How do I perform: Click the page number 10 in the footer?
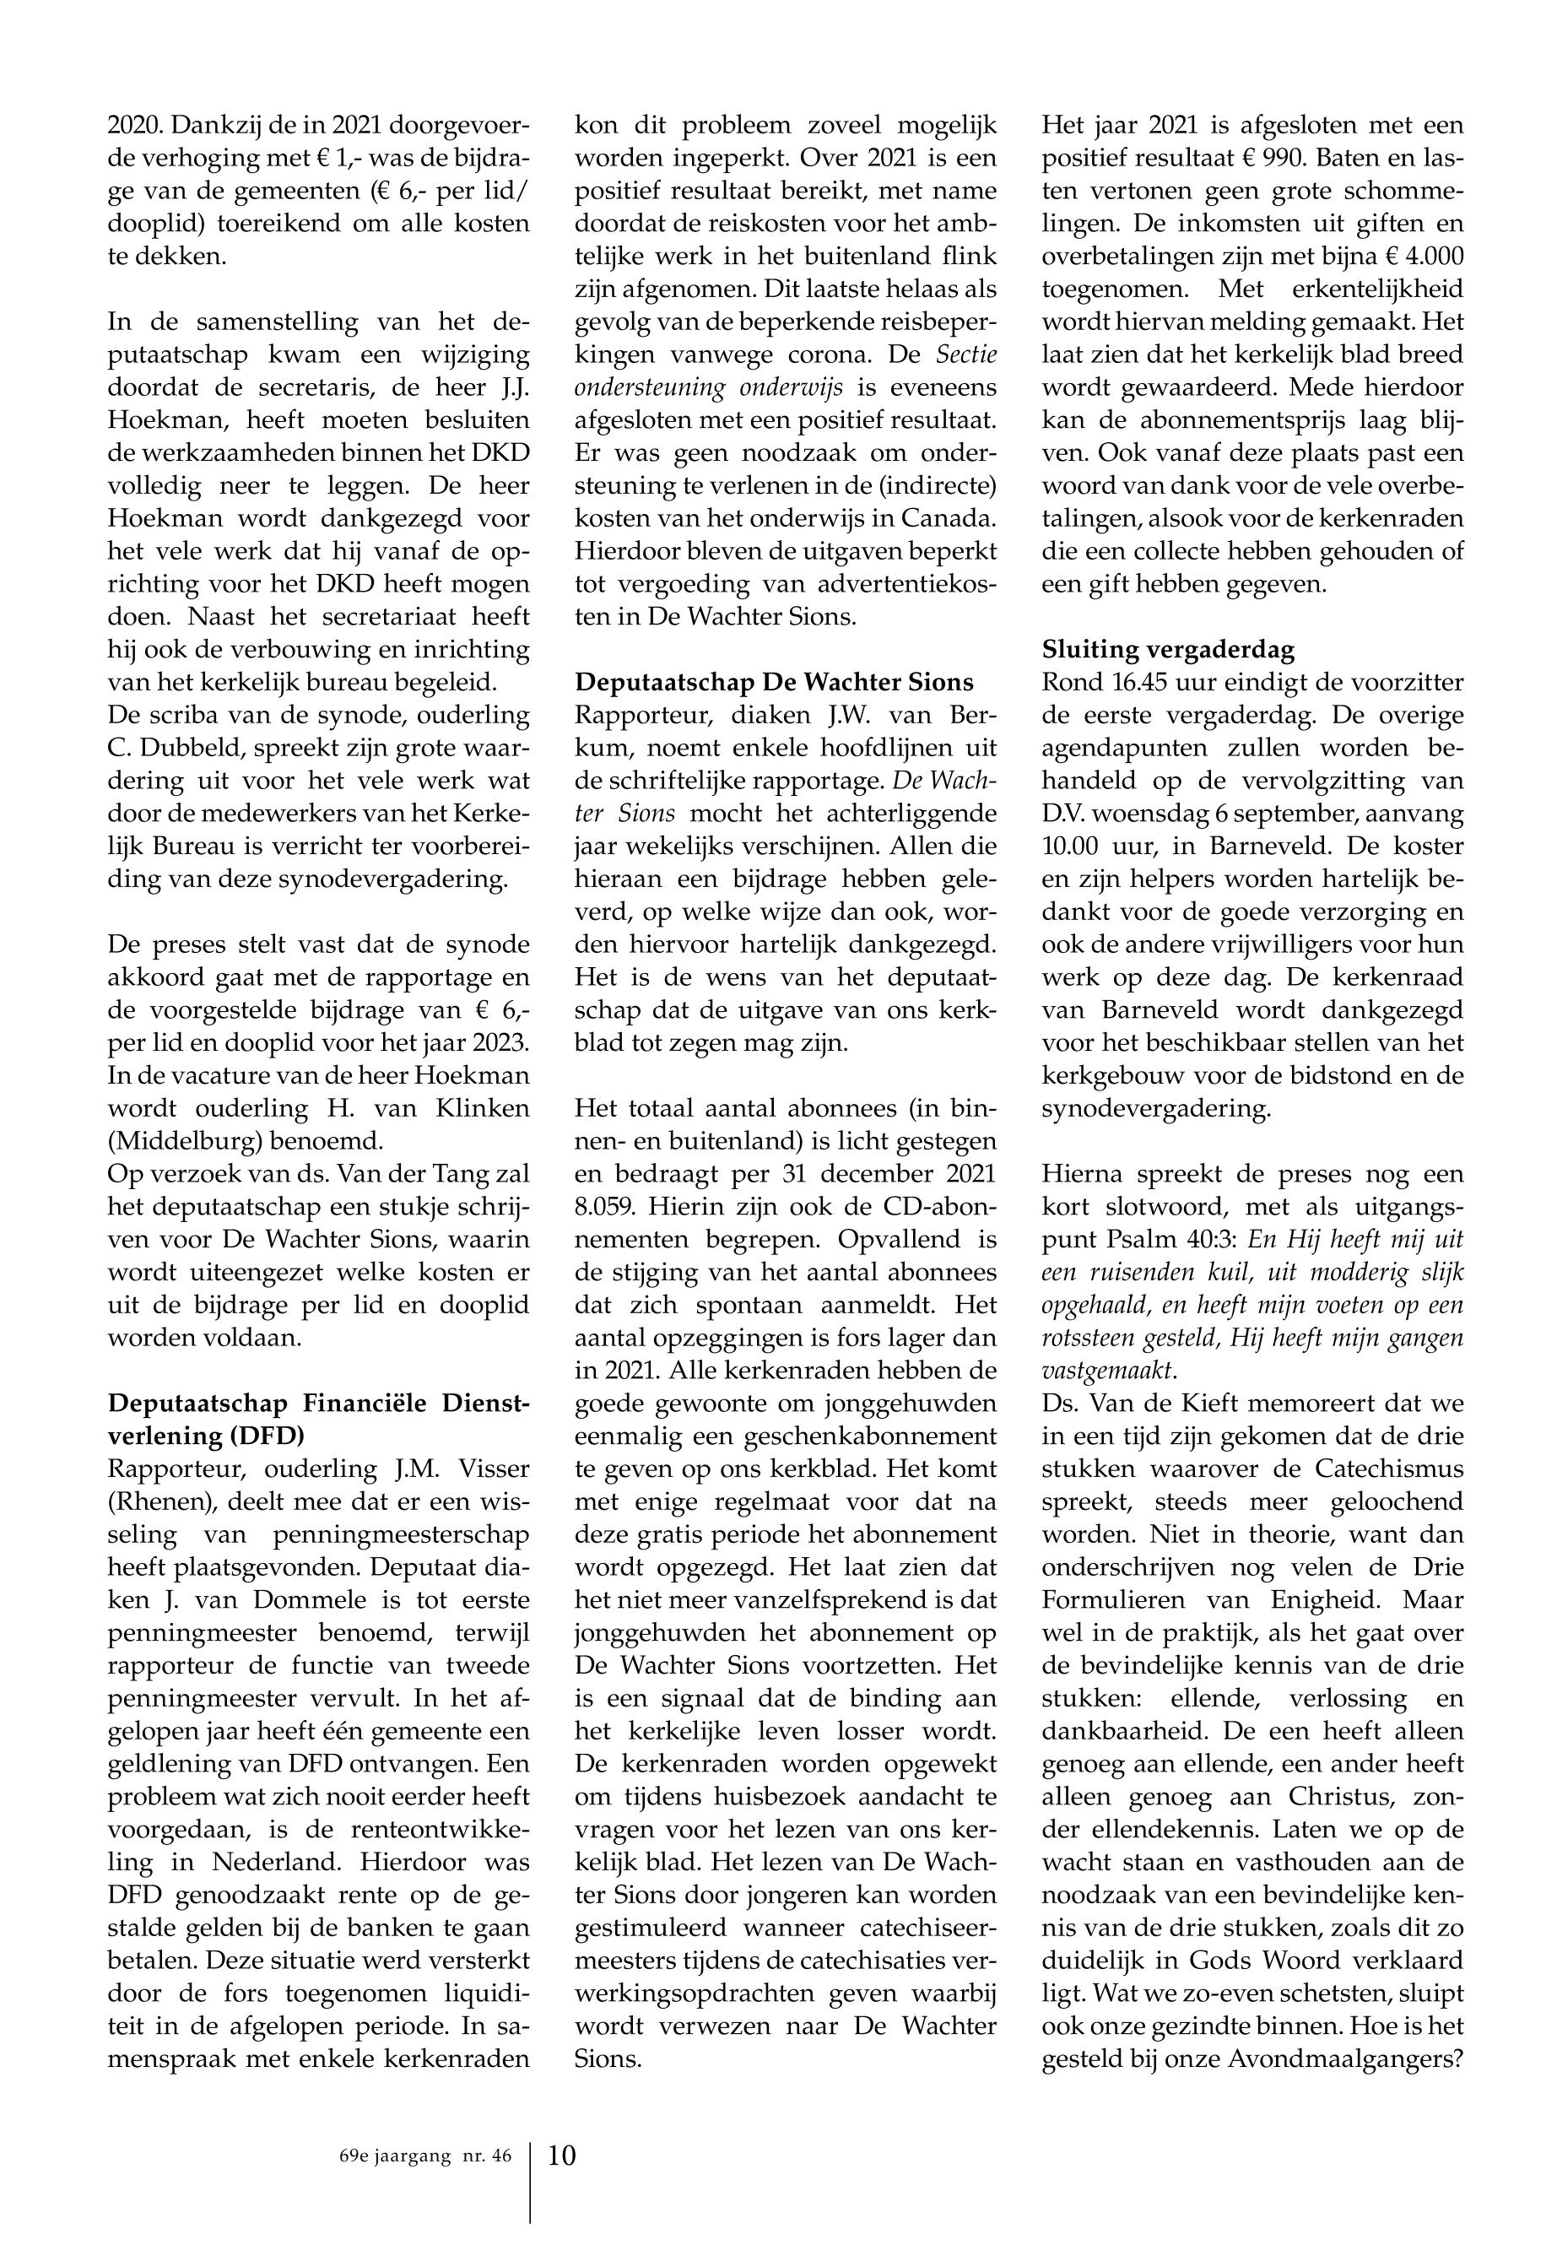pos(562,2154)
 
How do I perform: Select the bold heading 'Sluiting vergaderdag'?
pos(1168,650)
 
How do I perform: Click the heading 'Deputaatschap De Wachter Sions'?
pos(774,682)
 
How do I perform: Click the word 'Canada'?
pos(943,518)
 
